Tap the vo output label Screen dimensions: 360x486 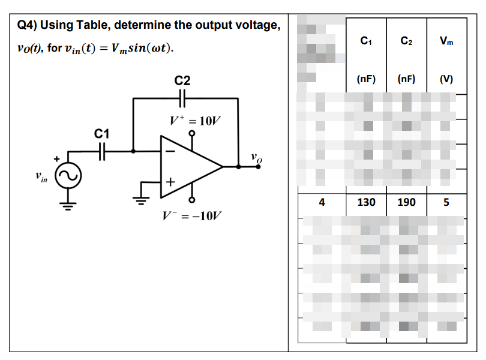[x=256, y=159]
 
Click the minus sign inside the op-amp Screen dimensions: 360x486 [x=171, y=152]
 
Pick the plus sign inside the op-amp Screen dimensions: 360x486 [x=171, y=180]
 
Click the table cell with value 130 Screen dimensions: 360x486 [x=366, y=202]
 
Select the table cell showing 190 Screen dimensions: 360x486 [x=406, y=202]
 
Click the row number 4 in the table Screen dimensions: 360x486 [x=322, y=202]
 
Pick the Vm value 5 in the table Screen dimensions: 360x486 [x=446, y=202]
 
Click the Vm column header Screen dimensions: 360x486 [x=446, y=41]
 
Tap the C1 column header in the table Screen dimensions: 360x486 [x=366, y=41]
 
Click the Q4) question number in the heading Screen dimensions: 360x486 [x=28, y=26]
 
